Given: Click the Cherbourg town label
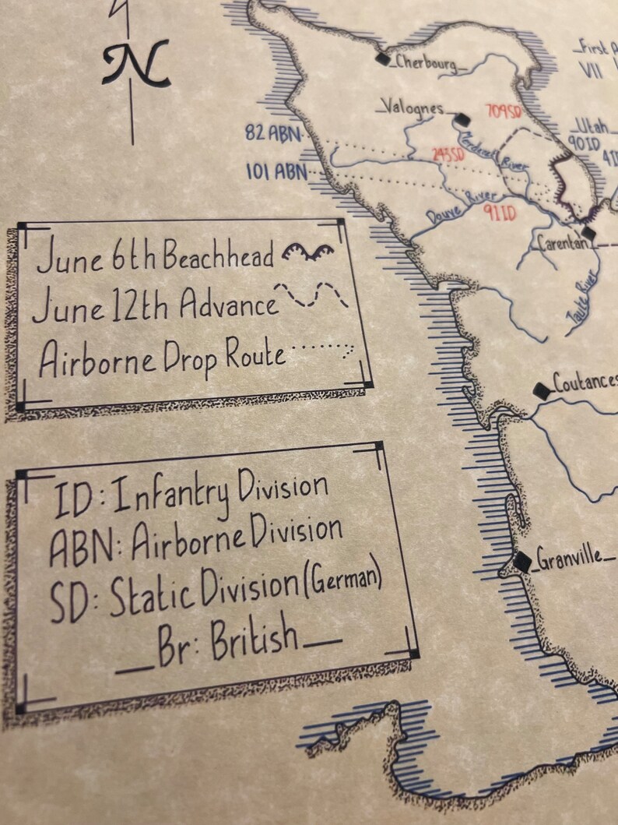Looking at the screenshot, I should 426,62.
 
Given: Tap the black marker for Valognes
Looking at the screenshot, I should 462,119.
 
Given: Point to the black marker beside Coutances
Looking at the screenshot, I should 541,391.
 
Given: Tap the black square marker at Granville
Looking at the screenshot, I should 522,561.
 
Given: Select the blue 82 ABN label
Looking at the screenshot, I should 272,133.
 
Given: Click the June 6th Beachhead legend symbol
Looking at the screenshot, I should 307,251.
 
